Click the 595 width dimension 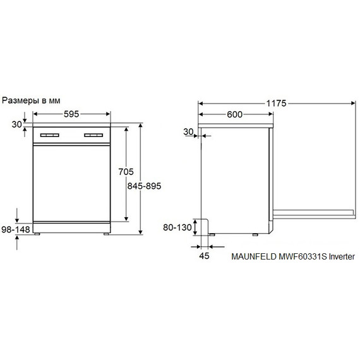71,114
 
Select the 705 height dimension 126,172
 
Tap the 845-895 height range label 144,186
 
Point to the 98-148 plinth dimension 16,229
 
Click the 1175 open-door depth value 276,104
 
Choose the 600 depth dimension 234,114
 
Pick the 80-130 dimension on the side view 177,227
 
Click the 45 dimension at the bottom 204,256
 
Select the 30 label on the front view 17,124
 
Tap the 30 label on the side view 188,132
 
